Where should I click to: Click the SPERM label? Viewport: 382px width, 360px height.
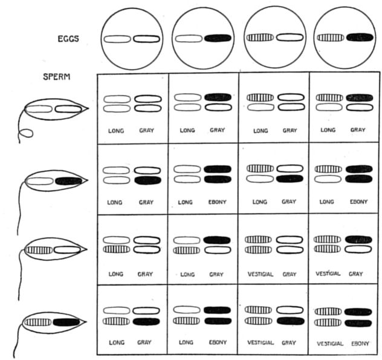pos(57,77)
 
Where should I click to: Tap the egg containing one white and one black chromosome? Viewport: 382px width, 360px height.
pos(203,39)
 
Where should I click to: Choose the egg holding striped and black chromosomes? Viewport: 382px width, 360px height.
pos(345,39)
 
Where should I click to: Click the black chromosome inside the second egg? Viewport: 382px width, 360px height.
pos(218,38)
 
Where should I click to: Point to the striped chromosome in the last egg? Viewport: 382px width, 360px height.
pos(331,38)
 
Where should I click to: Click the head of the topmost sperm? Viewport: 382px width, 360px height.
pos(54,110)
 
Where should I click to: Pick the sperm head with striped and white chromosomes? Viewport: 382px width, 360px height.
pos(53,249)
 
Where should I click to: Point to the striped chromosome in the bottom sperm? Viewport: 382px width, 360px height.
pos(36,322)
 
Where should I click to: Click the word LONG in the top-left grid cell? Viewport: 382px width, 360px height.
pos(116,130)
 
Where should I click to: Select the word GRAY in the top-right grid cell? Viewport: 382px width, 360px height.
pos(358,130)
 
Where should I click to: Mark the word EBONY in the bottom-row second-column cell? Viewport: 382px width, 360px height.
pos(218,343)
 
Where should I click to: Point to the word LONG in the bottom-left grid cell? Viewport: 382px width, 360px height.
pos(116,343)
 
